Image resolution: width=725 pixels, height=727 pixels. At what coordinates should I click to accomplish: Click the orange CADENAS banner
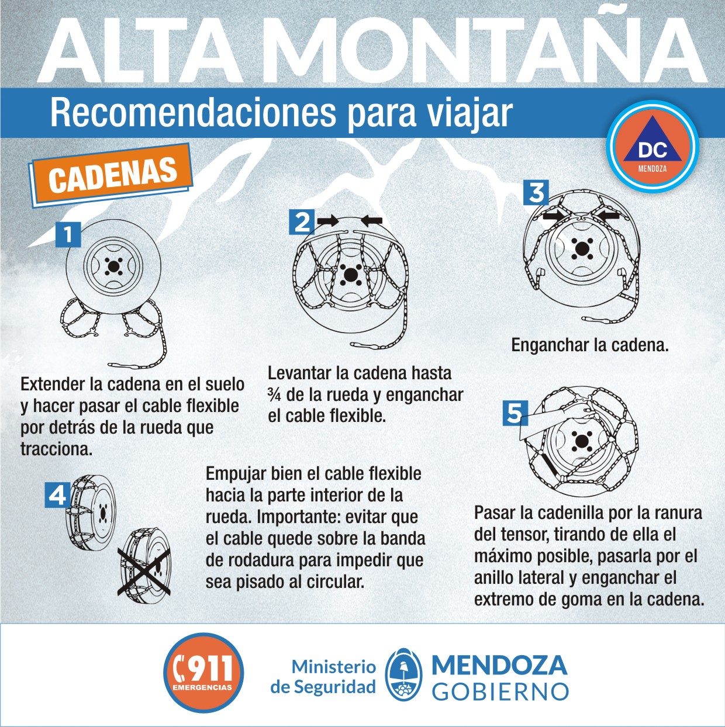(x=112, y=175)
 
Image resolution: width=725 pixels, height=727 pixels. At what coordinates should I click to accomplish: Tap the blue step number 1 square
(x=68, y=235)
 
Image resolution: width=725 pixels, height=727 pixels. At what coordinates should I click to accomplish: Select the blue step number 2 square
(x=302, y=222)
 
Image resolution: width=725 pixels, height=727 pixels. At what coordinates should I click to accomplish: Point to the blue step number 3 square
(x=536, y=192)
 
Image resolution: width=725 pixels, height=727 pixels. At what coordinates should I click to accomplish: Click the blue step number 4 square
(x=58, y=494)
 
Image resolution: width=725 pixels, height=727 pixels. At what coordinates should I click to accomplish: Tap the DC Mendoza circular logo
(x=652, y=147)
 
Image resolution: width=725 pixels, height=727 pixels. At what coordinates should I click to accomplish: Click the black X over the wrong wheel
(x=144, y=572)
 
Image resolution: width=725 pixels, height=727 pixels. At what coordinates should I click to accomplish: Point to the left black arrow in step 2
(x=328, y=221)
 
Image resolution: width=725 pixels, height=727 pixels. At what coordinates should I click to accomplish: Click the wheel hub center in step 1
(x=113, y=267)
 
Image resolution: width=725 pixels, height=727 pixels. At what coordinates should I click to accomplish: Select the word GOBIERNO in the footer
(x=500, y=691)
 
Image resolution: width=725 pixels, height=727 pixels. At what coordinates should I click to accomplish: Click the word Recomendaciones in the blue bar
(x=193, y=113)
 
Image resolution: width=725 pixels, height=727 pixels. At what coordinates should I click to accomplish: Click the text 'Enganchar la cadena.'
(x=590, y=345)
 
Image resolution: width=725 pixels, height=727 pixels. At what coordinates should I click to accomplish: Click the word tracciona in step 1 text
(x=56, y=449)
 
